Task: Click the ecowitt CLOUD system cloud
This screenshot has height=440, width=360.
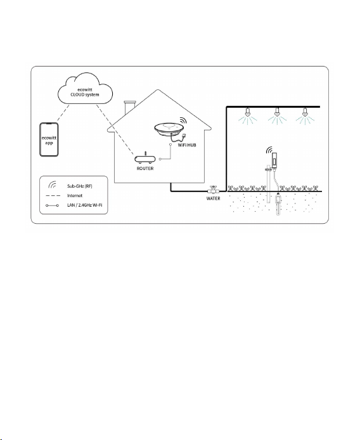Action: pos(85,89)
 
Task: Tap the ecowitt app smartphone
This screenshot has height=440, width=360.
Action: pos(49,139)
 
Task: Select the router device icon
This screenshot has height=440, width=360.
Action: pos(145,159)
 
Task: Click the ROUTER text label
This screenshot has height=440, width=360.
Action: pos(145,169)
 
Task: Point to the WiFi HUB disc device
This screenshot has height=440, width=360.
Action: pos(169,129)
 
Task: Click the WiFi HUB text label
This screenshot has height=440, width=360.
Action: pos(187,145)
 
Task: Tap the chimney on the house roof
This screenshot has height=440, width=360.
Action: pos(129,108)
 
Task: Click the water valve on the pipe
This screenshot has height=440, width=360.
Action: pos(213,190)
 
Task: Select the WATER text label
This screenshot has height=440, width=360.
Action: pos(213,198)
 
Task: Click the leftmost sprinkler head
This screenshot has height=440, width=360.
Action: pos(247,112)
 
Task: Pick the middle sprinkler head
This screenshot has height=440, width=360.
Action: pos(277,112)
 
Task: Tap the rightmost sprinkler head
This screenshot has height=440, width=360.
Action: pos(305,112)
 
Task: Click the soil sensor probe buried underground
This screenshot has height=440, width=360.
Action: pos(278,204)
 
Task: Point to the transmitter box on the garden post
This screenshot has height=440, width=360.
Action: pos(274,160)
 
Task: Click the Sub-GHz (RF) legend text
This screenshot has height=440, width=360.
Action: pos(80,186)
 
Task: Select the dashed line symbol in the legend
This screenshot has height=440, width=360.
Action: pos(53,195)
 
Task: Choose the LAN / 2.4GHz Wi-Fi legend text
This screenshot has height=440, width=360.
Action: pos(84,205)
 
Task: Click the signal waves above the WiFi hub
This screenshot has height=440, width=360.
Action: pos(183,120)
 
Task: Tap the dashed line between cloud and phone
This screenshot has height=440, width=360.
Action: pos(63,113)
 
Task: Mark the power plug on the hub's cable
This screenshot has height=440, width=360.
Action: pos(184,135)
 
